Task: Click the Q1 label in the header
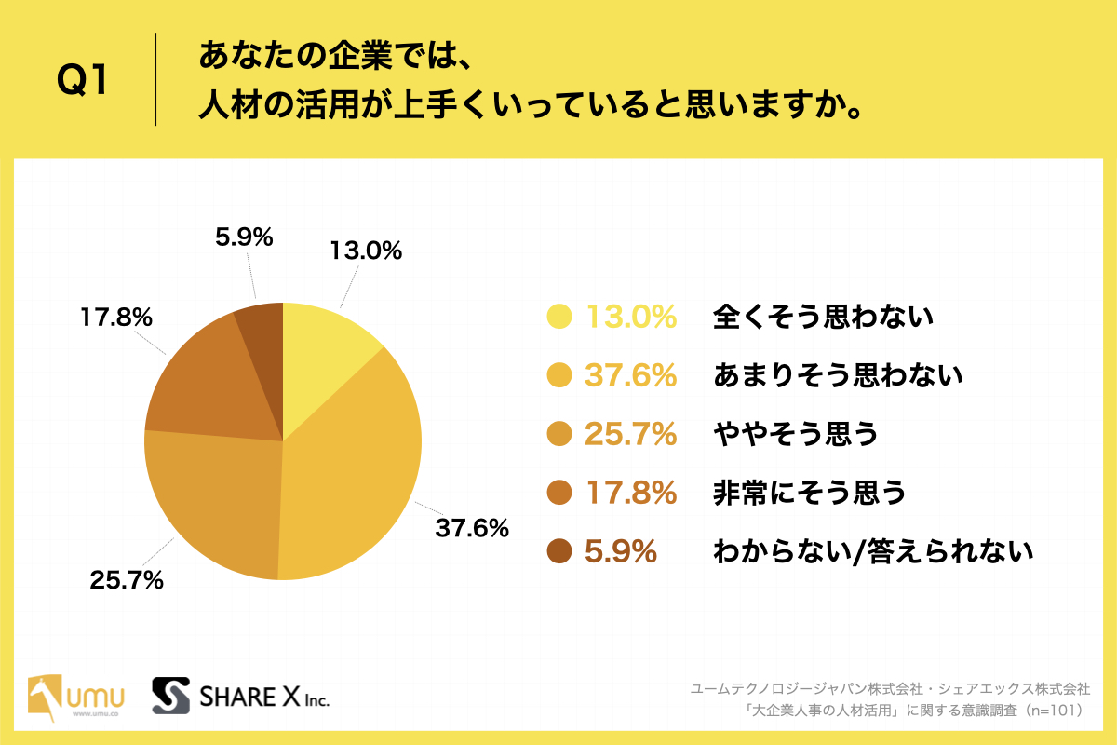(x=83, y=82)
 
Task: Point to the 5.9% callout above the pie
(x=244, y=237)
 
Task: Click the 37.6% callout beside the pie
(x=472, y=528)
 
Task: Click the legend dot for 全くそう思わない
(x=558, y=318)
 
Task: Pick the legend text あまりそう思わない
(x=837, y=376)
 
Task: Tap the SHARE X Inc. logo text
(x=265, y=697)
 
